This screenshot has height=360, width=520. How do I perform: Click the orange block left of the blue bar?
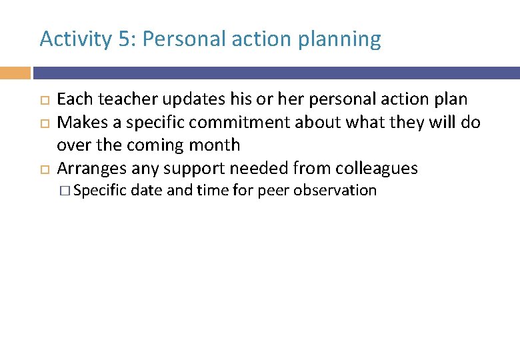point(15,73)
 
